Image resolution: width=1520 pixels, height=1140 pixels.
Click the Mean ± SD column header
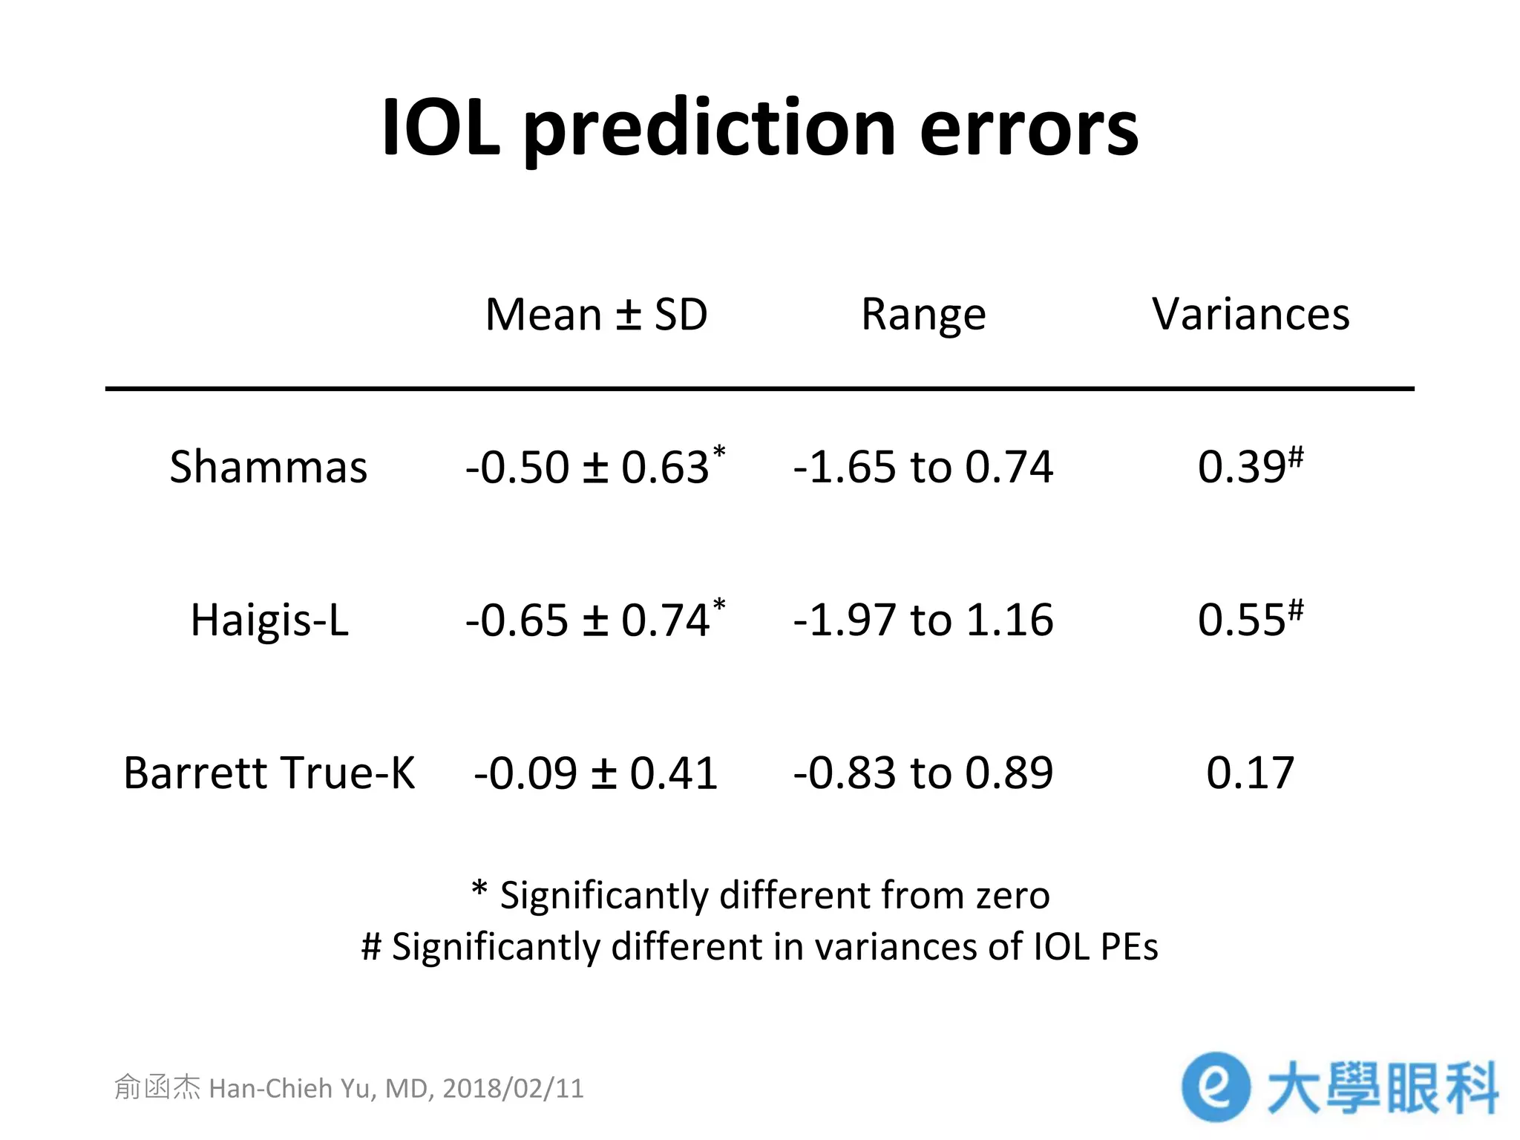[596, 314]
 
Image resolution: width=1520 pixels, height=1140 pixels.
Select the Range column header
[923, 314]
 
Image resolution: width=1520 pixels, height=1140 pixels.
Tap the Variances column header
[1251, 314]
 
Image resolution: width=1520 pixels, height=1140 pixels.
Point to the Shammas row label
[269, 467]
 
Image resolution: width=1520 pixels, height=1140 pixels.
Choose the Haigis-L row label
[269, 620]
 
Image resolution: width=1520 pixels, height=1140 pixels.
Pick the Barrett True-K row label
[269, 773]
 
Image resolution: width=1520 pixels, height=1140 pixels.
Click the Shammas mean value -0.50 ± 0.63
[589, 467]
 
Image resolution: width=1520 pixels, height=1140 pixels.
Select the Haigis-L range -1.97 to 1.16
[923, 620]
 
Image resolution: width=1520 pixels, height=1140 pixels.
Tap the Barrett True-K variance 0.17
[1251, 773]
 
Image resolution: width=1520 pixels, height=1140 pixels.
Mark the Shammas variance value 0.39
[1242, 467]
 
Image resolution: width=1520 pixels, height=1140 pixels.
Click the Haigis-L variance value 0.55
[1242, 620]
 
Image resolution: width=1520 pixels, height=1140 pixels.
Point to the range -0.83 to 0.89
[923, 773]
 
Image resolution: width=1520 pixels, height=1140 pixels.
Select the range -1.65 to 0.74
[923, 467]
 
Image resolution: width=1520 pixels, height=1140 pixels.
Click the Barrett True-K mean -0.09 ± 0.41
[596, 773]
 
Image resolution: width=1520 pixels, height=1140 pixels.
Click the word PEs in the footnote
[1130, 947]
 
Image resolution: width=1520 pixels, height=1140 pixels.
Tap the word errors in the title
[1029, 128]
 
